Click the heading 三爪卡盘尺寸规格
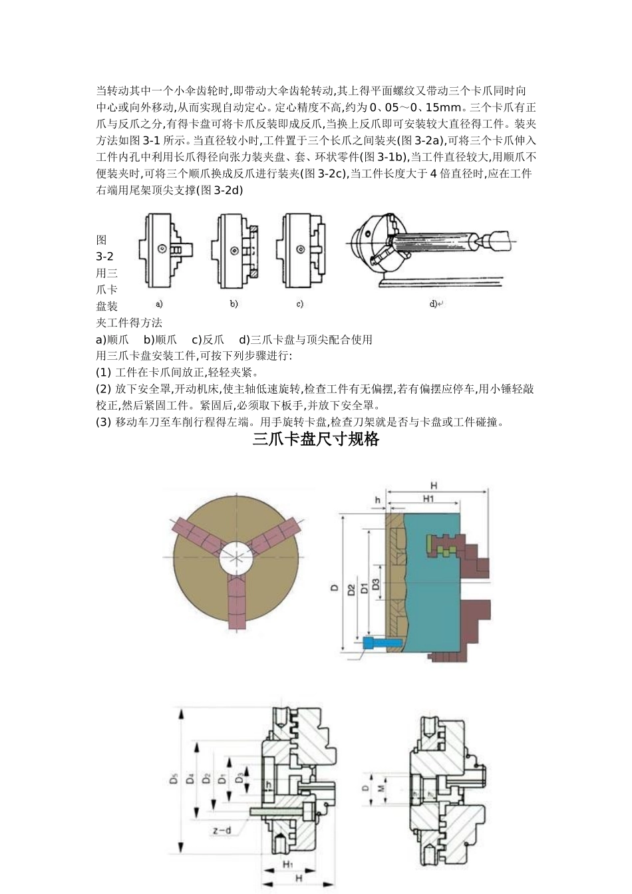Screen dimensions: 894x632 click(315, 440)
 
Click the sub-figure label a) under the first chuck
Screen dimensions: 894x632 click(159, 304)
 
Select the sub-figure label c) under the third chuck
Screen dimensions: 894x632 click(300, 304)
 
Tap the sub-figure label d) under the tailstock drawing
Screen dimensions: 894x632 click(433, 304)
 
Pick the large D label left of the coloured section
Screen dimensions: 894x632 click(335, 588)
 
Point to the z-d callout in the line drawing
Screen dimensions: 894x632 click(222, 831)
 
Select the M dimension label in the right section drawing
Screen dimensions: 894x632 click(382, 788)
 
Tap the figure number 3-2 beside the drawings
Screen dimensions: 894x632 click(104, 257)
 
